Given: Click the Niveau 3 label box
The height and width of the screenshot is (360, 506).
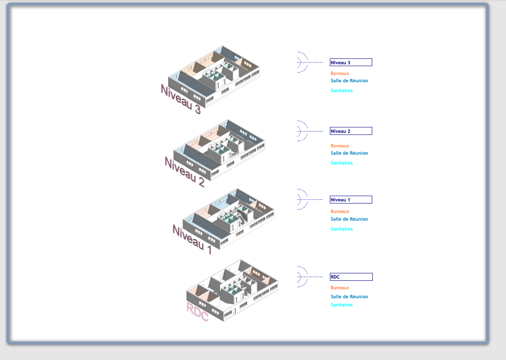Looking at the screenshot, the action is pos(351,62).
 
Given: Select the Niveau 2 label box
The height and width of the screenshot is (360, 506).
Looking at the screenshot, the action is pos(351,131).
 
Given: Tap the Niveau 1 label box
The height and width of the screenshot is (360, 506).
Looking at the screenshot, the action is pos(351,200).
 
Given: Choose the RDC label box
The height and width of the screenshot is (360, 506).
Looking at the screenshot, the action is pos(351,277).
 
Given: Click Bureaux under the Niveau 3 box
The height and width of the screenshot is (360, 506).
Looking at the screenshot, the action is pos(340,74).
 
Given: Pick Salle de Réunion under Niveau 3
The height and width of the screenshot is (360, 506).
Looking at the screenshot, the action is pos(349,81).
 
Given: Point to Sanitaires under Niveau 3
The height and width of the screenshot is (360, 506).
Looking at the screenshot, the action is pos(342,91).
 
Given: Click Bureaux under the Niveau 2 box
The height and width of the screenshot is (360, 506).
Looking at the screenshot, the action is pos(340,146).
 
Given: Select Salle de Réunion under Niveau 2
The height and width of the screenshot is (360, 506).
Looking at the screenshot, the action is pos(349,153).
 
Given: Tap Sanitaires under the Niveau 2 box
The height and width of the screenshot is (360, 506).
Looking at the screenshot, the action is pos(342,163).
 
